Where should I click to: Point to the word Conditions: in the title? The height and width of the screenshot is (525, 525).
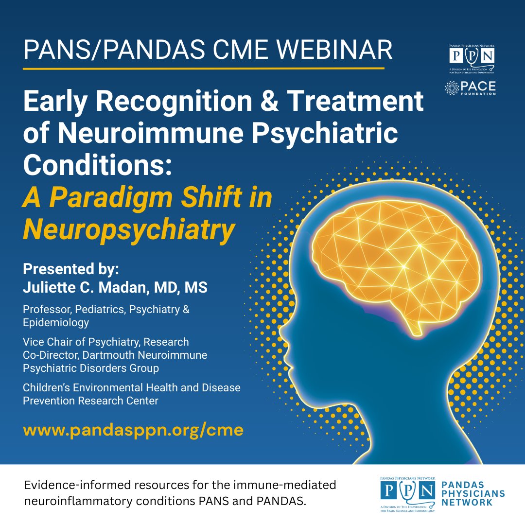(97, 164)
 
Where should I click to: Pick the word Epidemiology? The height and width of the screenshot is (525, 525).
(56, 322)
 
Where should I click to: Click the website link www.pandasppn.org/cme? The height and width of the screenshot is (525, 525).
(133, 430)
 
